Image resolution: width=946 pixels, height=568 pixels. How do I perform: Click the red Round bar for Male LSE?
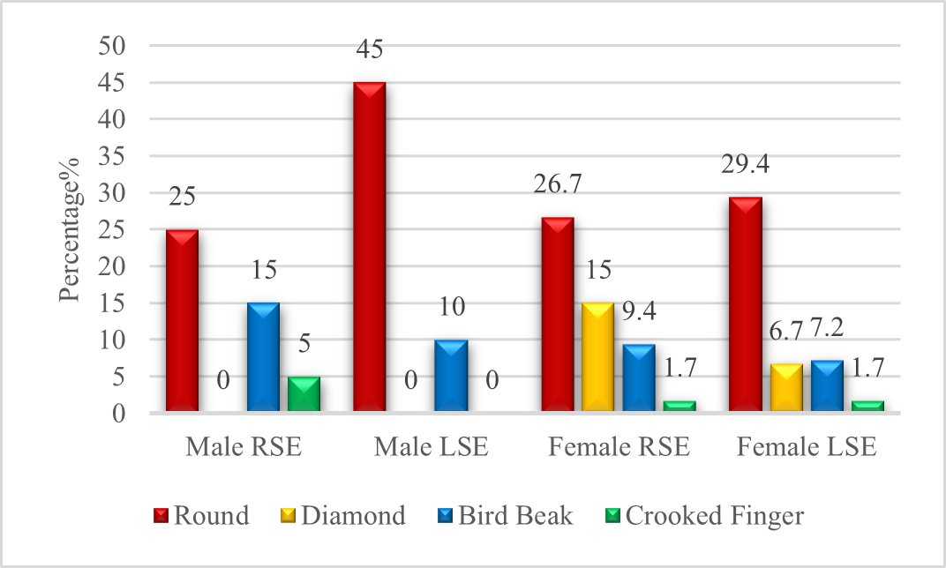point(369,247)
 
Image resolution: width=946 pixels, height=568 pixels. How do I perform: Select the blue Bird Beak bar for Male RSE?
point(263,357)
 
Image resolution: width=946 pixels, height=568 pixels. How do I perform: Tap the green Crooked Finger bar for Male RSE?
point(304,393)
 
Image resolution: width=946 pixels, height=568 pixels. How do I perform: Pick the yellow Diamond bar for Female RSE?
point(598,357)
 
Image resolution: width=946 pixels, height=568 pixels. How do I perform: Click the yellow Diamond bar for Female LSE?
point(786,387)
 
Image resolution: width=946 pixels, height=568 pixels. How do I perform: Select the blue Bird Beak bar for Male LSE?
point(451,376)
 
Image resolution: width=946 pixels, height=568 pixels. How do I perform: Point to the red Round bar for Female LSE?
point(746,304)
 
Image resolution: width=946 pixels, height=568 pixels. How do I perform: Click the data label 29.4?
point(746,164)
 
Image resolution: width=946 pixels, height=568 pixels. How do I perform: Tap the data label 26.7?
point(558,184)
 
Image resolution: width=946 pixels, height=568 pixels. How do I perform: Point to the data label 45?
point(369,49)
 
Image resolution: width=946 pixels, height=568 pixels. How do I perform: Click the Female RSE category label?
point(619,446)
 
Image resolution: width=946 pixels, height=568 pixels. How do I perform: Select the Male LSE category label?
point(431,446)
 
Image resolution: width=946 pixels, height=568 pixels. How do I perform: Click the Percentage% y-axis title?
point(71,229)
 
